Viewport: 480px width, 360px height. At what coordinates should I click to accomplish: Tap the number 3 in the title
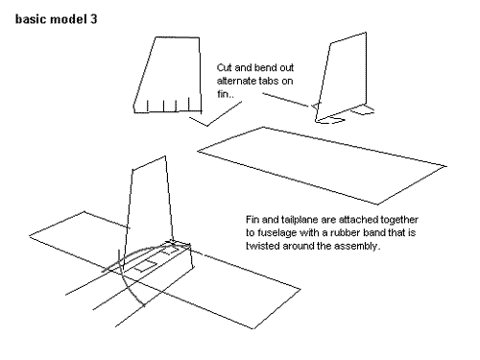pyautogui.click(x=93, y=19)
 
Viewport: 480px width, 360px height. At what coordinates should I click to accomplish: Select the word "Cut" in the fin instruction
pyautogui.click(x=224, y=68)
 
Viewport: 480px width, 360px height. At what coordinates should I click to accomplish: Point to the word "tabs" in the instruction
pyautogui.click(x=264, y=81)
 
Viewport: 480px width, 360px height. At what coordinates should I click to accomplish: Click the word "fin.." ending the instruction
pyautogui.click(x=226, y=94)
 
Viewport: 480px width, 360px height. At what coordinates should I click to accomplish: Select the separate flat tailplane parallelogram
pyautogui.click(x=322, y=165)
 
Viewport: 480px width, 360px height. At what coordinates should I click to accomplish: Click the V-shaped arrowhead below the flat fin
pyautogui.click(x=207, y=125)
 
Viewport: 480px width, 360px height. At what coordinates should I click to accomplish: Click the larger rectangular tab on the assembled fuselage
pyautogui.click(x=146, y=266)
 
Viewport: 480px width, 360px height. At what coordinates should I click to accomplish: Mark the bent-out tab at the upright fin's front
pyautogui.click(x=330, y=121)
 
